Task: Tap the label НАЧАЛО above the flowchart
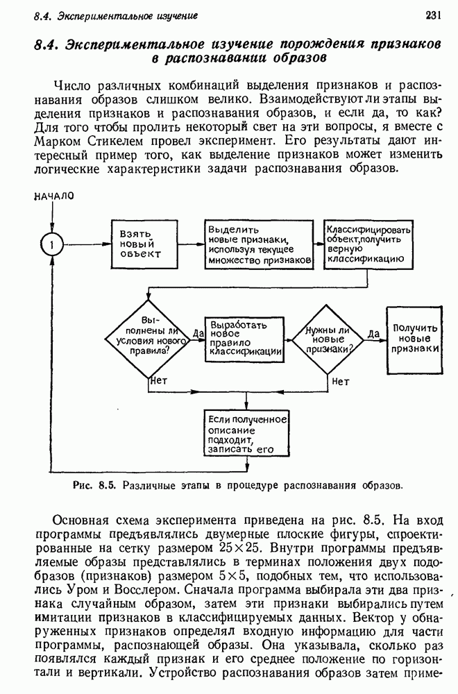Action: [x=53, y=196]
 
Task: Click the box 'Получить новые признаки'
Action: [x=414, y=339]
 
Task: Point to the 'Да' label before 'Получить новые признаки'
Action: [x=375, y=334]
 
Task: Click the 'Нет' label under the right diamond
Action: [x=341, y=381]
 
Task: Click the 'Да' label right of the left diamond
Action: [x=198, y=334]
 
